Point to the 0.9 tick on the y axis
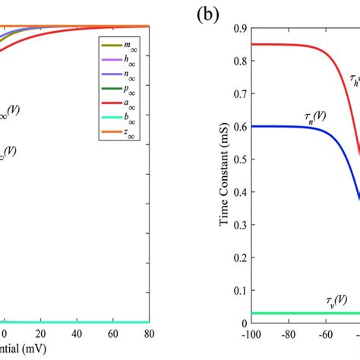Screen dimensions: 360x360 (238, 27)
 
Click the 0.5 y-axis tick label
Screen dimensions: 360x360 (238, 159)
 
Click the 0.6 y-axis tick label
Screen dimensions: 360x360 (238, 126)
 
